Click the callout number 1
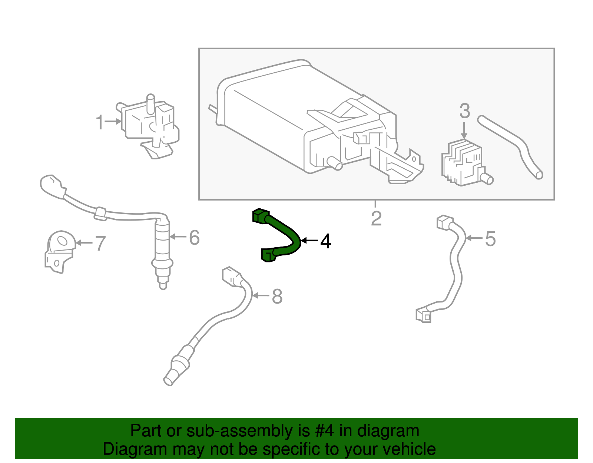100,122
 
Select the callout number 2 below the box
376,218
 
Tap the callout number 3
465,111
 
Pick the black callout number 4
325,241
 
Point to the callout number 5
490,239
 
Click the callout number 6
194,238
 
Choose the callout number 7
100,244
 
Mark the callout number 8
277,297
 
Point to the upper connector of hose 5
445,222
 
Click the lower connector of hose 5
424,315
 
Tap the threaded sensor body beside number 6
162,241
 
